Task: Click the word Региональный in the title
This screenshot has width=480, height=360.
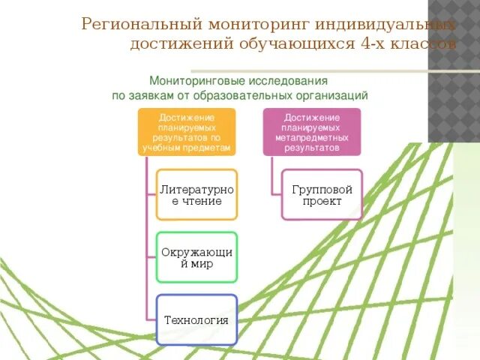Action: (x=138, y=25)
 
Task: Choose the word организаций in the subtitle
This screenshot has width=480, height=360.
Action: (x=332, y=95)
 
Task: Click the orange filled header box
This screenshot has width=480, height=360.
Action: (x=187, y=132)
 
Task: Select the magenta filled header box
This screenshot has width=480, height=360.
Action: (x=312, y=132)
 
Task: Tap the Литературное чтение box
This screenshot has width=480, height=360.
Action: (x=197, y=195)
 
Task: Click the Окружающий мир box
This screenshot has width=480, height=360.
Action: (x=197, y=257)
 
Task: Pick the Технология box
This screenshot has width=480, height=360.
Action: (x=196, y=319)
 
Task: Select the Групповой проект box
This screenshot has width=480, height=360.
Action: (x=322, y=195)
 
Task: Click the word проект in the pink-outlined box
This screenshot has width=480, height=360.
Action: (x=322, y=202)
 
